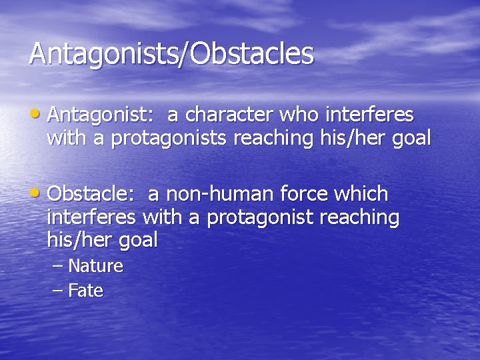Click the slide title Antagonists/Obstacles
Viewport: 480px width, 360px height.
[x=171, y=54]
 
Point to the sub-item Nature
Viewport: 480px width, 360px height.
[x=95, y=267]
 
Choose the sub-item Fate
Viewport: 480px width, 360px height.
[x=85, y=291]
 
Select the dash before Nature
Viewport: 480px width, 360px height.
[x=58, y=267]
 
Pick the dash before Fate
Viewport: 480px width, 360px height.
[x=58, y=291]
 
